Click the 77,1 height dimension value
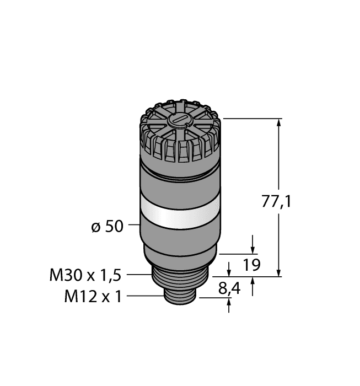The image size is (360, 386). coord(275,202)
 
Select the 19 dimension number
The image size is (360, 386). coord(252,266)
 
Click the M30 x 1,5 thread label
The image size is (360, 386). coord(85,274)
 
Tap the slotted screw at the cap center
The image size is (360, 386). coord(180,121)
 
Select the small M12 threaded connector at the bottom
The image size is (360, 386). coord(179,297)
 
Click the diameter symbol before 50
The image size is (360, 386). coord(94,227)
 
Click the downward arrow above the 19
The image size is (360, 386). coord(252,248)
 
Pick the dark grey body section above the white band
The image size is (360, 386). coord(179,185)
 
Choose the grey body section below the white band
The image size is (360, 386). coord(179,243)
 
